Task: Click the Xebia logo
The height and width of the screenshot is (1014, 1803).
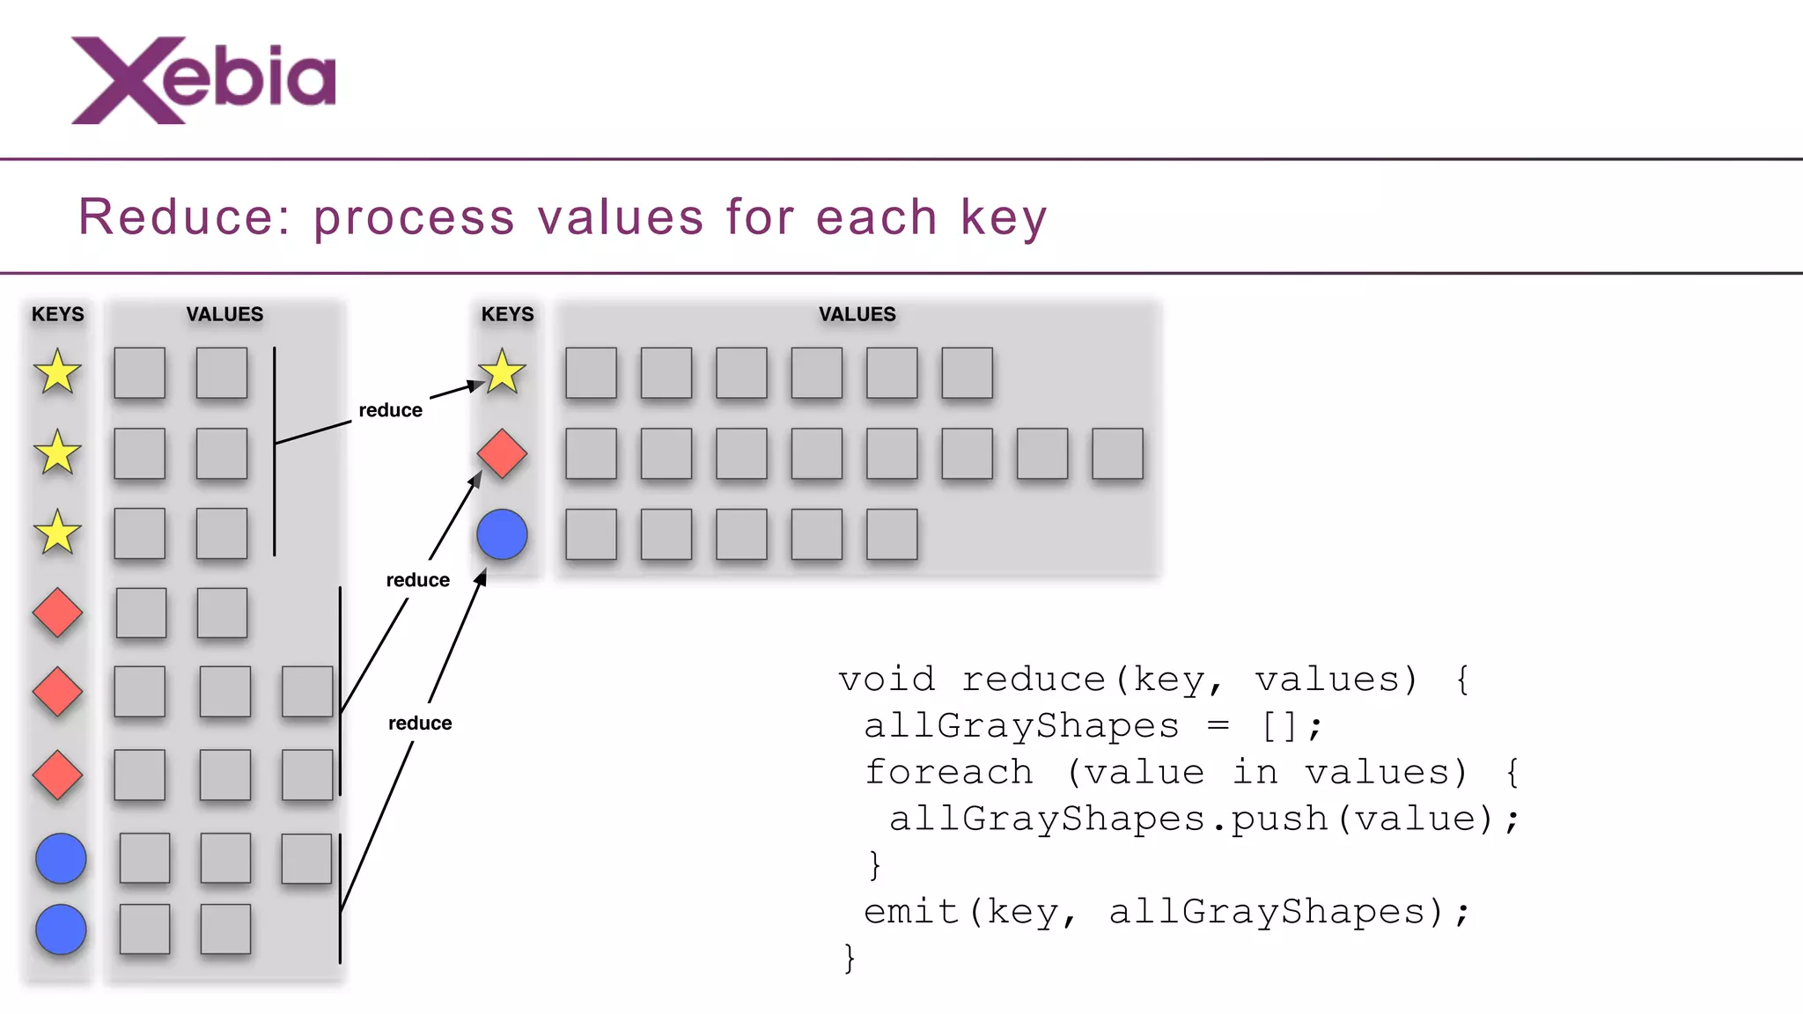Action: coord(203,79)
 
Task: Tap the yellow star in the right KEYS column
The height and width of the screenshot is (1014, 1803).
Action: coord(502,371)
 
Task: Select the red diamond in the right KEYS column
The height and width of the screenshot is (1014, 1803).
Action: coord(502,453)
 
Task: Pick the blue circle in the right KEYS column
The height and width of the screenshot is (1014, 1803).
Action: coord(502,534)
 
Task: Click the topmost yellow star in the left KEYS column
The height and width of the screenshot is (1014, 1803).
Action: coord(57,371)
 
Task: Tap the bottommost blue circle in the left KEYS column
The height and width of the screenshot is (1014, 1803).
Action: coord(61,929)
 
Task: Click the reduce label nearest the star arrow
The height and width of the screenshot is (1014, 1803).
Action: coord(390,410)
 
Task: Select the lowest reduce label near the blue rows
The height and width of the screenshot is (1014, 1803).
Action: coord(420,723)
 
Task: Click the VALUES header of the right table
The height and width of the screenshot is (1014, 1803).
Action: coord(857,314)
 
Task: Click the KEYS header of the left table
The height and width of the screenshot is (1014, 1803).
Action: coord(58,314)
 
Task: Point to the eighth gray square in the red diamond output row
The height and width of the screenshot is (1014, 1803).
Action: coord(1117,453)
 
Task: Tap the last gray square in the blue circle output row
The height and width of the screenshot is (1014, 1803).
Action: coord(892,534)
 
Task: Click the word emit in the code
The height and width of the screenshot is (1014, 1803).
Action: coord(911,912)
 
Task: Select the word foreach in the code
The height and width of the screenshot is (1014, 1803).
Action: coord(948,773)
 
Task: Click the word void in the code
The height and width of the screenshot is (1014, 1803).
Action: coord(887,680)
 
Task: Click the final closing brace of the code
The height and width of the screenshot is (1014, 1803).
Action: coord(850,958)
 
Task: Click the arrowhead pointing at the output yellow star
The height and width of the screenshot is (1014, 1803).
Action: coord(476,385)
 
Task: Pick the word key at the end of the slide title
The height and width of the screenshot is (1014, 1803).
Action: coord(1004,217)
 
